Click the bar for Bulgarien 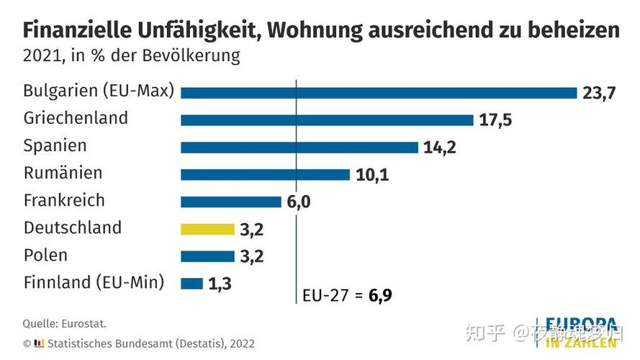379,93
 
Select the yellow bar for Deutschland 207,229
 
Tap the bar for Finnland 191,284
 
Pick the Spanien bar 299,148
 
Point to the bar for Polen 207,256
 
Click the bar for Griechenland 327,120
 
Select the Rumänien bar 265,174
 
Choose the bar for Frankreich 230,202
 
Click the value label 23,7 599,94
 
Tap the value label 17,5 495,120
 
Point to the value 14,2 440,148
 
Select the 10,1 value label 371,175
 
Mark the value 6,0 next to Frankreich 299,202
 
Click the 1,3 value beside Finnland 220,284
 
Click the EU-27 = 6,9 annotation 346,296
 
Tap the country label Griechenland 76,118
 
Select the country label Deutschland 73,228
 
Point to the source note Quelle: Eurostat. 64,324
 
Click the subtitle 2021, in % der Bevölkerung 131,55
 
